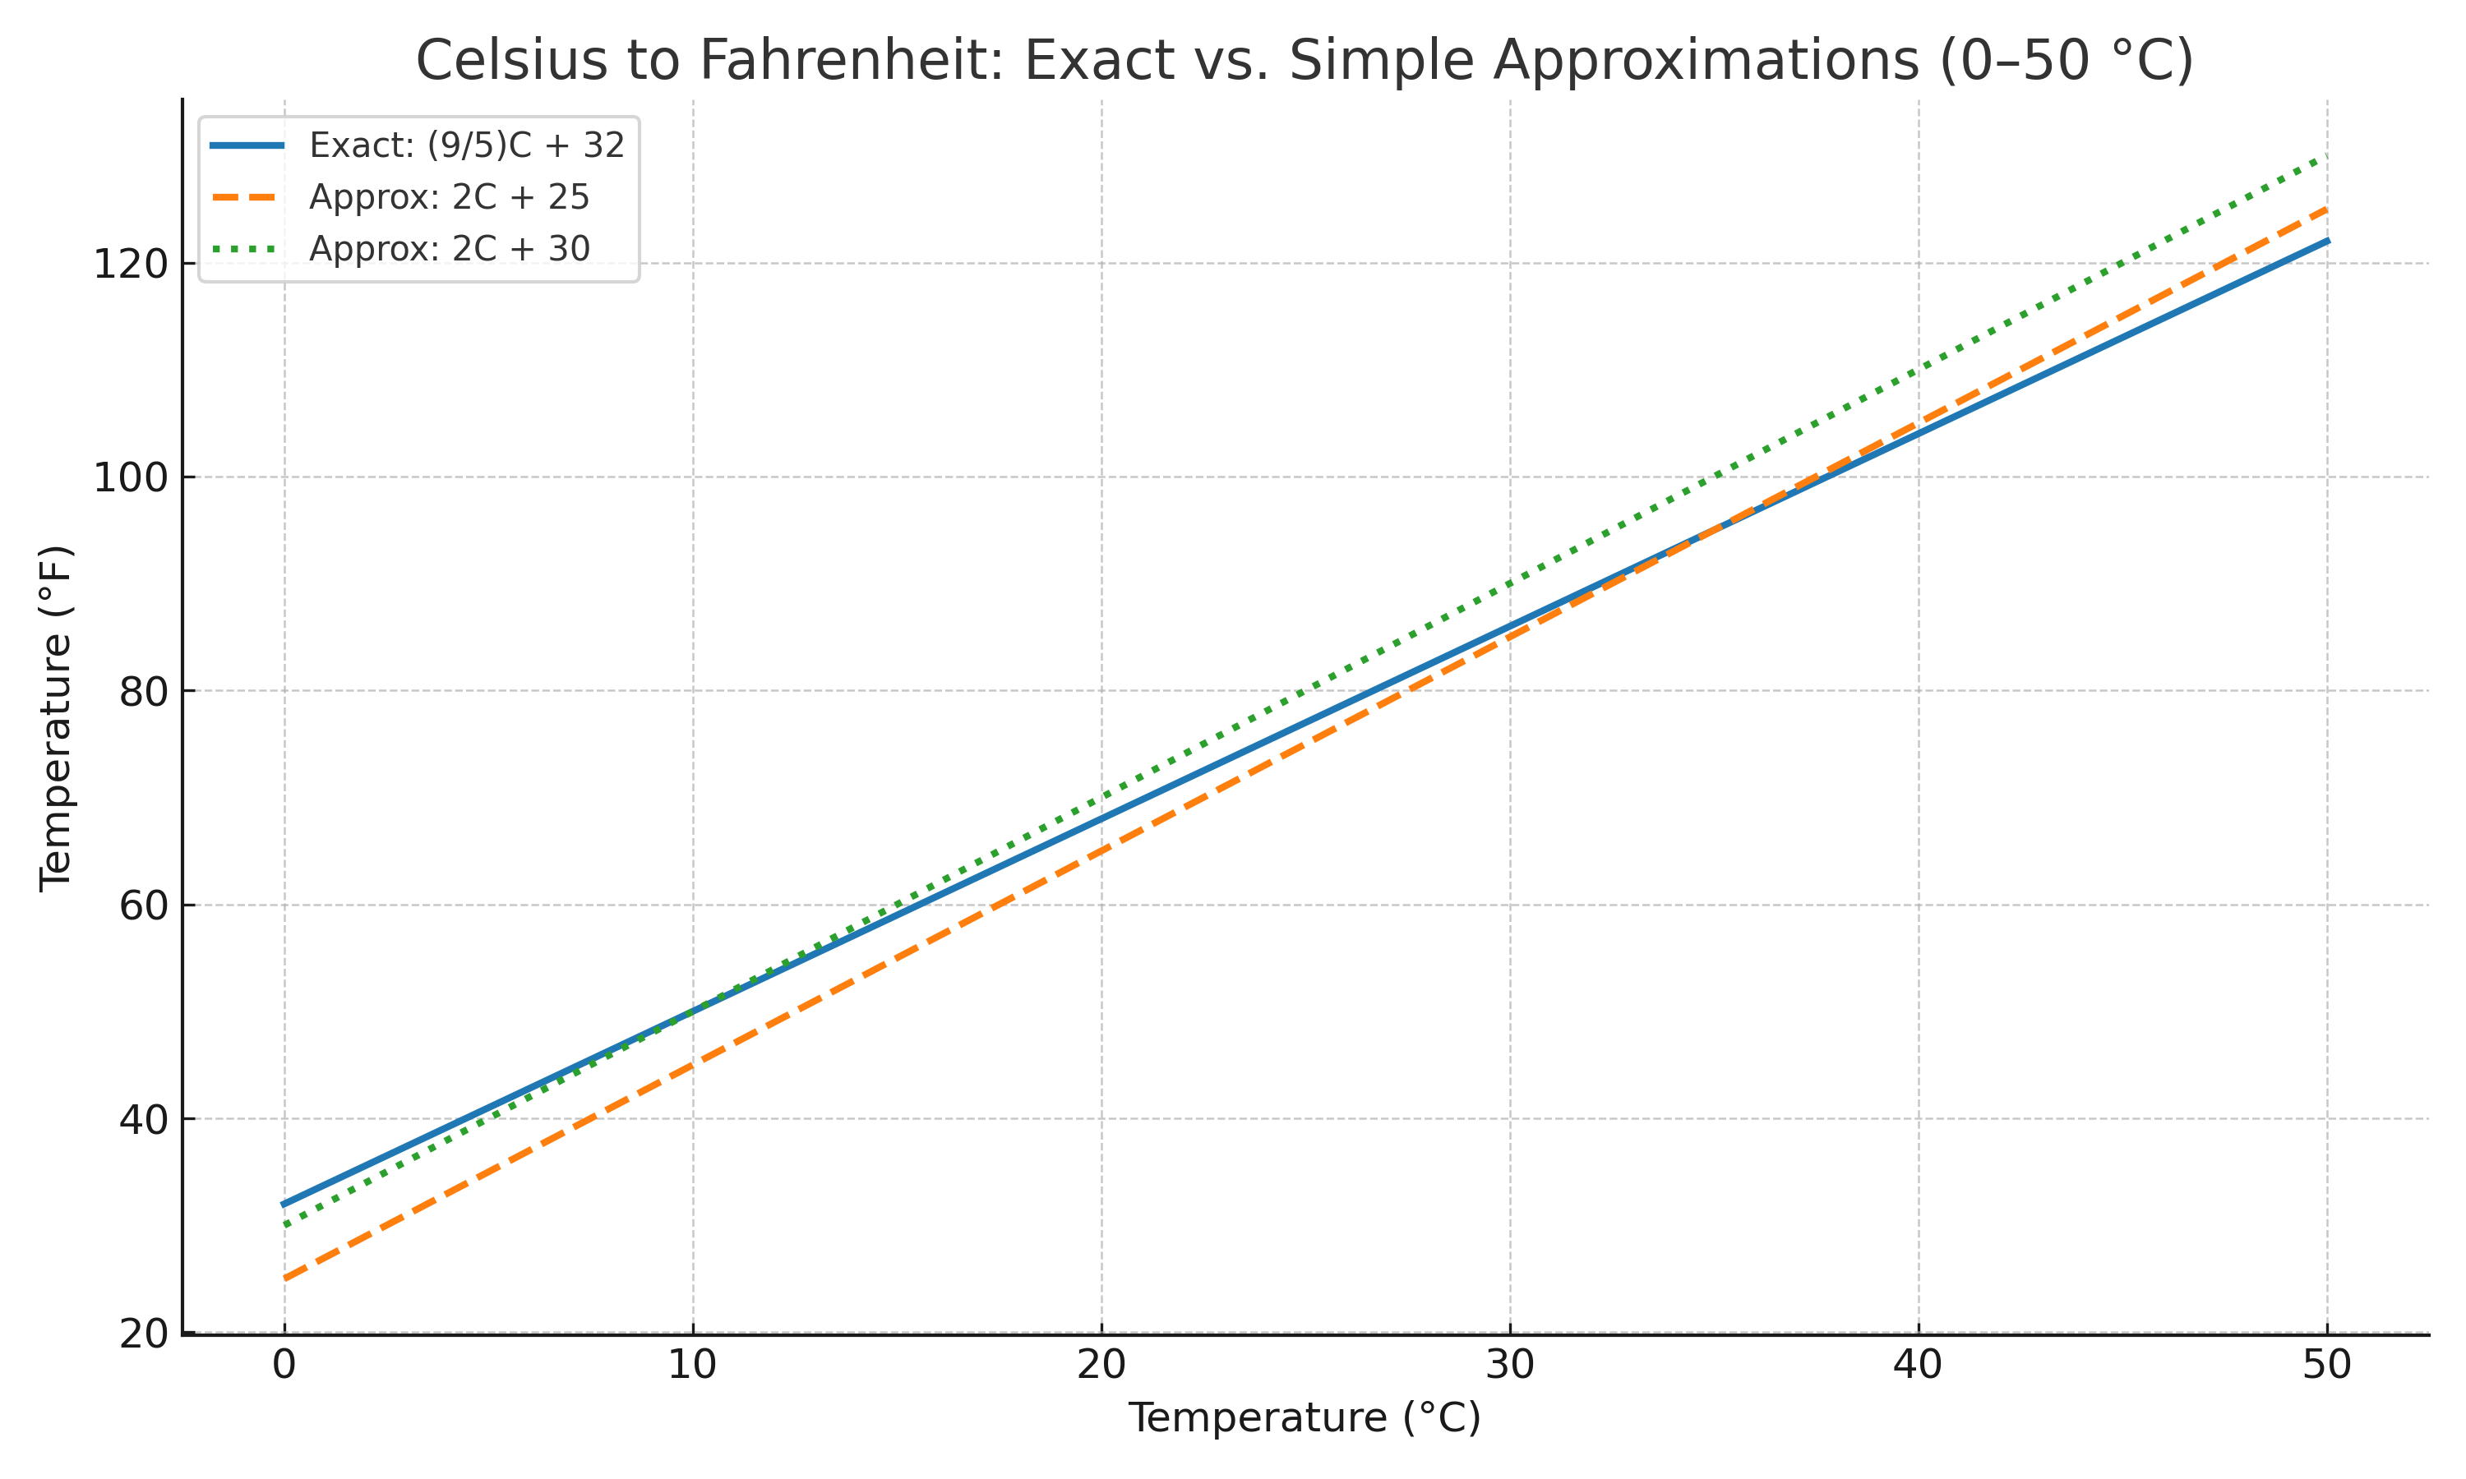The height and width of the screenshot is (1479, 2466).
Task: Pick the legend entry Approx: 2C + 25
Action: coord(449,197)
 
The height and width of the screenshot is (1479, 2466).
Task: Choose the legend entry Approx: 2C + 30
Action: coord(449,248)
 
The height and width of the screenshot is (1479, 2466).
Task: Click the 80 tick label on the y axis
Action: coord(142,692)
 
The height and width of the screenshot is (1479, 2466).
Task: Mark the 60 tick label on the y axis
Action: coord(142,906)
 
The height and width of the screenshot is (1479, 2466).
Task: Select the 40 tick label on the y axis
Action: coord(142,1119)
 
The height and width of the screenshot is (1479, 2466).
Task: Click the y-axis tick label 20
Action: coord(142,1334)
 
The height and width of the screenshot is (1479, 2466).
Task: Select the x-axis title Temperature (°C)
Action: coord(1305,1418)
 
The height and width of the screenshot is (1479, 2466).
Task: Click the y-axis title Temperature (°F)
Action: coord(57,717)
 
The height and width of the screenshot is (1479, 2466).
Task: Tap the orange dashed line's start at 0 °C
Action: coord(285,1279)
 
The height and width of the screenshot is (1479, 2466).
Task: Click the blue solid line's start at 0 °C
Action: coord(285,1204)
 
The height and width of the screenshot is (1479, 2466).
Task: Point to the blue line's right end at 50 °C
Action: coord(2327,242)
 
